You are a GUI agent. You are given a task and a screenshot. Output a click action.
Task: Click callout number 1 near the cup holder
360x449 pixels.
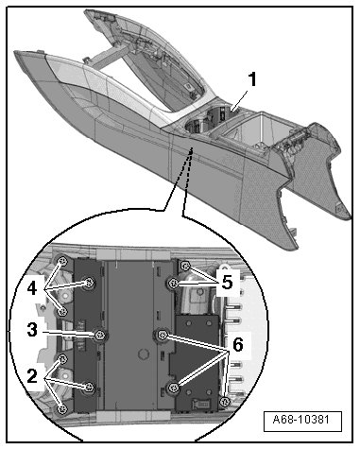point(251,79)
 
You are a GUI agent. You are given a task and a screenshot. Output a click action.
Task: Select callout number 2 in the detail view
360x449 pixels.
point(32,375)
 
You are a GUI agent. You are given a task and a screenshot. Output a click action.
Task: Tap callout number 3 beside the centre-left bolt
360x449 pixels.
point(32,330)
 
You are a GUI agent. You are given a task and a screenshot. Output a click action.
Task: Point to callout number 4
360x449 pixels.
point(32,288)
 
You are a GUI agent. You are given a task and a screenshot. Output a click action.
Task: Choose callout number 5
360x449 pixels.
point(227,282)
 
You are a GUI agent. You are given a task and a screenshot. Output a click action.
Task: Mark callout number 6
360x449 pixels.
point(238,344)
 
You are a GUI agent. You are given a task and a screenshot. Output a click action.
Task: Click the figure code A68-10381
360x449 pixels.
point(301,420)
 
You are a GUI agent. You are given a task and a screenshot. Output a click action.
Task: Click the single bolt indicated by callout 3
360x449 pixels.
point(100,335)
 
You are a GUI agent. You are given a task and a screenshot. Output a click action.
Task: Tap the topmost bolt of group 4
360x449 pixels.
point(62,261)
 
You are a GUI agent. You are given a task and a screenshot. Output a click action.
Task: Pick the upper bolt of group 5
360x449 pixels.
point(185,267)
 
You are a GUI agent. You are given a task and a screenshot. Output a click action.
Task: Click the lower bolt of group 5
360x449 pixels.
point(172,284)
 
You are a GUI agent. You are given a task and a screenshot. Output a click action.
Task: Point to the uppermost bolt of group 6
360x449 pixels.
point(163,335)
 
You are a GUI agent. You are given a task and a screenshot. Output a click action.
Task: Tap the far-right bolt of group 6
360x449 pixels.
point(224,402)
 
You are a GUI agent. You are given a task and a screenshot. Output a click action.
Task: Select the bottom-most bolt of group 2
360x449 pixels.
point(62,409)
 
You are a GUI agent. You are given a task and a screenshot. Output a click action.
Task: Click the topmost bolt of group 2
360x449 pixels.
point(62,358)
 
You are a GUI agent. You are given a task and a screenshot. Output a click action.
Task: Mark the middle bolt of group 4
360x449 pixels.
point(89,283)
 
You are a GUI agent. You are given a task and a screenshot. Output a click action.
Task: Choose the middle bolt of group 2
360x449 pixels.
point(89,387)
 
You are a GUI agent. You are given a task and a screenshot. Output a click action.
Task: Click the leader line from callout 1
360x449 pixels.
point(239,100)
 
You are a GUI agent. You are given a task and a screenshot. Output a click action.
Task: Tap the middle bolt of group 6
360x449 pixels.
point(173,389)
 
